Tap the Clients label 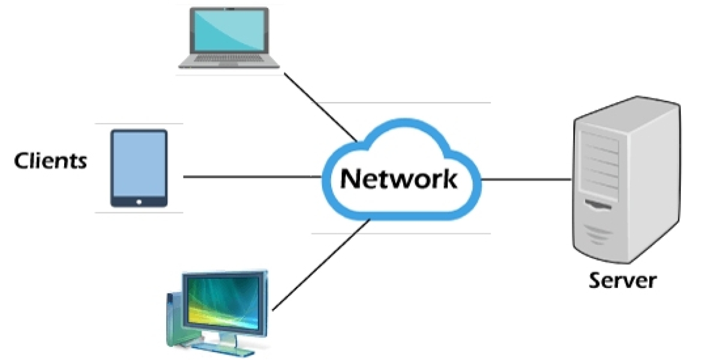coord(50,160)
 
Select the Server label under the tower coord(622,280)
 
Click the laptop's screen coord(229,31)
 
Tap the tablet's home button coord(139,202)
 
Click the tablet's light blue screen coord(139,163)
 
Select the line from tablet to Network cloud coord(252,176)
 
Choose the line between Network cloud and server coord(526,179)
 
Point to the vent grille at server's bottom coord(600,234)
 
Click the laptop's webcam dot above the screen coord(229,10)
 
